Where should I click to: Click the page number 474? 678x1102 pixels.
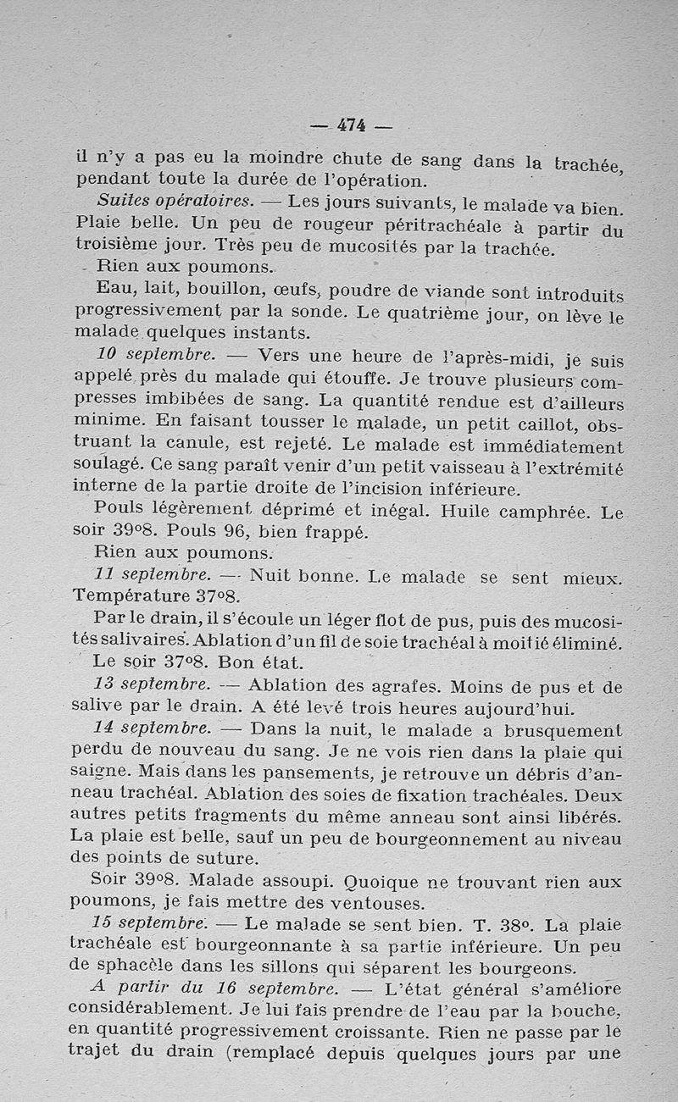click(x=351, y=125)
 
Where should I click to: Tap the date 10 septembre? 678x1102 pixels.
click(x=154, y=353)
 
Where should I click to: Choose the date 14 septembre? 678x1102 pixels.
click(x=152, y=728)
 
